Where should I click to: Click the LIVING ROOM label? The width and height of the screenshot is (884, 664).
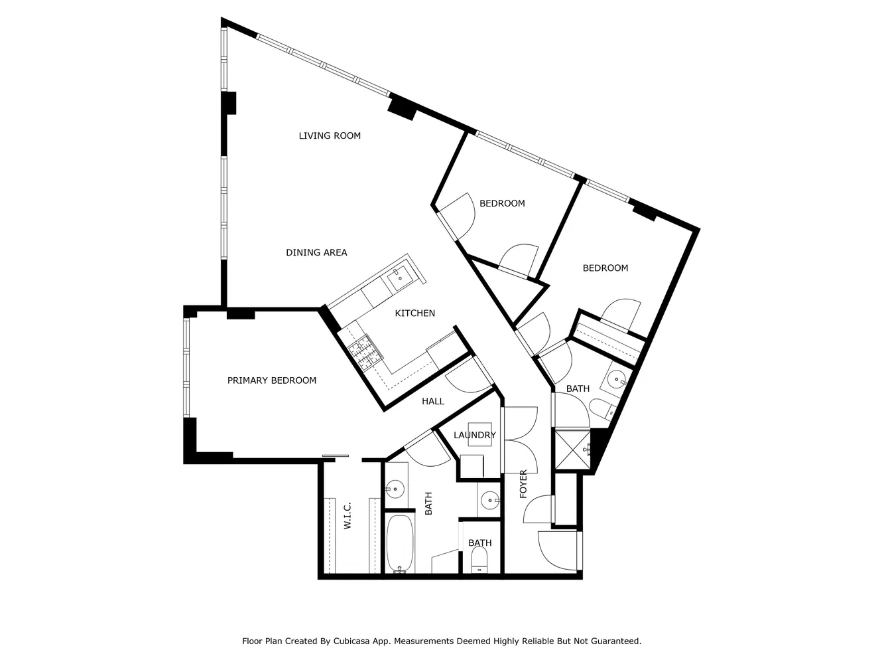click(330, 136)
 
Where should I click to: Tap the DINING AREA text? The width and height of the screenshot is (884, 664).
click(316, 253)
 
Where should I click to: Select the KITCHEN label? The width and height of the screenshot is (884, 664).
click(415, 313)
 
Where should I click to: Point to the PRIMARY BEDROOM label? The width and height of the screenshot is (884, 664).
click(272, 380)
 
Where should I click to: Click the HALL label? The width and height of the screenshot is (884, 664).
click(433, 401)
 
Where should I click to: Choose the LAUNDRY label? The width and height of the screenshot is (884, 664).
click(474, 435)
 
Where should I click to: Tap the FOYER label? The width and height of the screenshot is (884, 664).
click(523, 484)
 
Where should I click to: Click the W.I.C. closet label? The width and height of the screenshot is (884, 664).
click(347, 515)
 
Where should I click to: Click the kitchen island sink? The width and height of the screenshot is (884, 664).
click(399, 278)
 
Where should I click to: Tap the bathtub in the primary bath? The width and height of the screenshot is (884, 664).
click(399, 543)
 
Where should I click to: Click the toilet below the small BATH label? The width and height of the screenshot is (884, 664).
click(479, 560)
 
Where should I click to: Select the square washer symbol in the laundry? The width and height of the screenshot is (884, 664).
click(479, 434)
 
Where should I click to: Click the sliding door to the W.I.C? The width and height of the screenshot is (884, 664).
click(335, 456)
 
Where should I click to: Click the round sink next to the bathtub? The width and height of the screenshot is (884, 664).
click(395, 489)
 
